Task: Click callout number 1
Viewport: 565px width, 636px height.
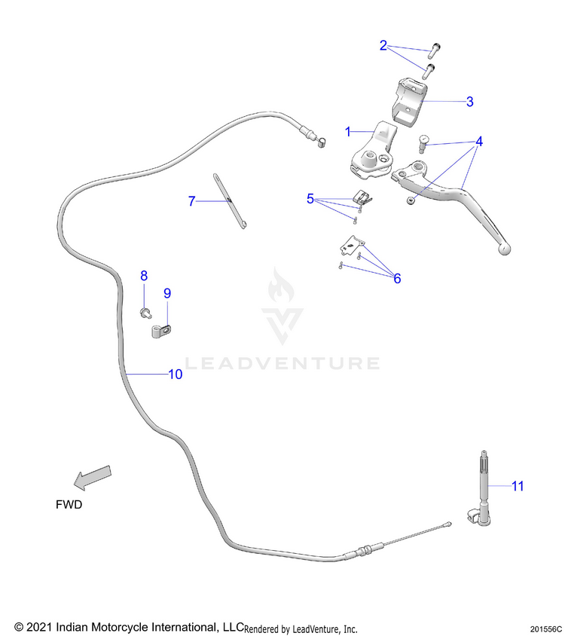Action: click(x=348, y=131)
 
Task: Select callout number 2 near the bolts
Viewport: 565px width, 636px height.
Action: click(x=383, y=46)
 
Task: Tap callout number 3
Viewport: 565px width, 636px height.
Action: click(x=469, y=101)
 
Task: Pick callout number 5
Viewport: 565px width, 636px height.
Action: click(x=310, y=199)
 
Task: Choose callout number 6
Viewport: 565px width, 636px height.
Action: click(x=397, y=278)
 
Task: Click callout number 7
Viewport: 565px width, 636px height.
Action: click(x=192, y=201)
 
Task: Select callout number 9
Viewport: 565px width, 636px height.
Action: click(x=167, y=292)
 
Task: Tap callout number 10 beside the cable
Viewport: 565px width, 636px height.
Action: click(x=175, y=374)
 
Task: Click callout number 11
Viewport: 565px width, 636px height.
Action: click(x=518, y=486)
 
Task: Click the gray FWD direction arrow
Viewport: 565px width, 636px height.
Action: click(x=92, y=477)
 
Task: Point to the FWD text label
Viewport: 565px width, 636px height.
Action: click(x=69, y=505)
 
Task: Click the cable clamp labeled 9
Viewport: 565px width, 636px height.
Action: click(x=160, y=330)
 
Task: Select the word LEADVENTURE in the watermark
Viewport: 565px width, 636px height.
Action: click(x=282, y=364)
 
